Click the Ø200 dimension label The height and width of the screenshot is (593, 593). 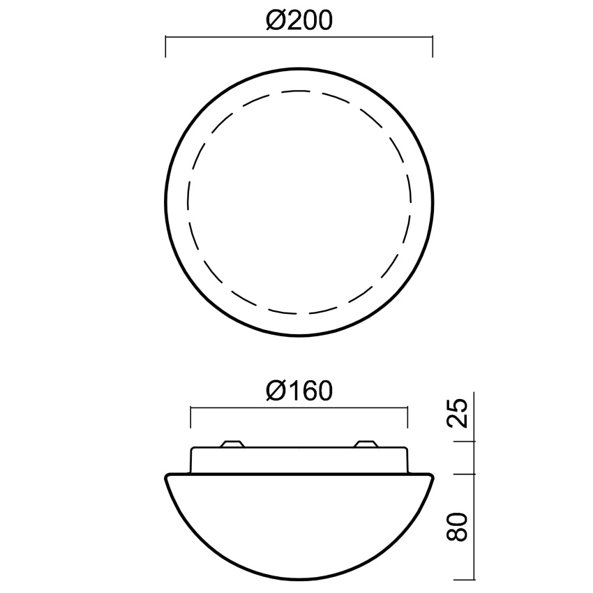299,20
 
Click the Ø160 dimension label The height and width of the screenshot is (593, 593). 299,391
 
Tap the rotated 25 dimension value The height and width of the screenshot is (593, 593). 458,412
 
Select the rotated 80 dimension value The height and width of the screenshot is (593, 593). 458,527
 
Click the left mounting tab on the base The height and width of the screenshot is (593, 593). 232,444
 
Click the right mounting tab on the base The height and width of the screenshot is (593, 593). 366,444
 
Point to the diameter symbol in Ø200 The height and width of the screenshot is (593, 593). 275,20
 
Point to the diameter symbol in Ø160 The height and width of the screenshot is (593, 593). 275,391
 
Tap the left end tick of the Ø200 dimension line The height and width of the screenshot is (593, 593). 165,47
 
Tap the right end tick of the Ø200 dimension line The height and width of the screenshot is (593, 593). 433,47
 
